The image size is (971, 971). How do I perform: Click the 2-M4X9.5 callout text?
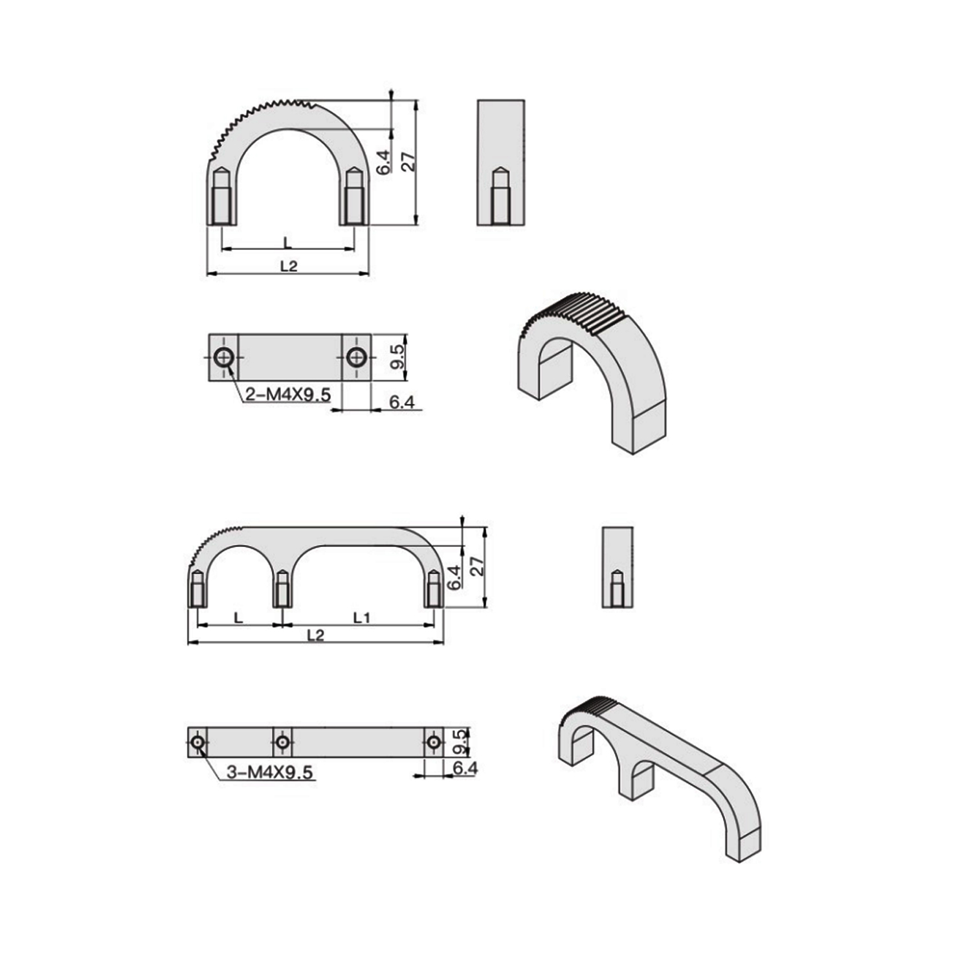(288, 394)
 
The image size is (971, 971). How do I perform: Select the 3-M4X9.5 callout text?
(270, 772)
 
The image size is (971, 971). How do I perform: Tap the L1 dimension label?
(362, 618)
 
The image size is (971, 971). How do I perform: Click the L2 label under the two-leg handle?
(289, 265)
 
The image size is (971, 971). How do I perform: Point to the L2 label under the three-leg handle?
(315, 635)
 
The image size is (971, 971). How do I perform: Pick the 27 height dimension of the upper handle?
(408, 161)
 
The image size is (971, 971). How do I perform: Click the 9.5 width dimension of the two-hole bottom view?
(397, 357)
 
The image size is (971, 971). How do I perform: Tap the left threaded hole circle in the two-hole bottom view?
(224, 357)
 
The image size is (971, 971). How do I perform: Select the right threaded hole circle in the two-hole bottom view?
(355, 357)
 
